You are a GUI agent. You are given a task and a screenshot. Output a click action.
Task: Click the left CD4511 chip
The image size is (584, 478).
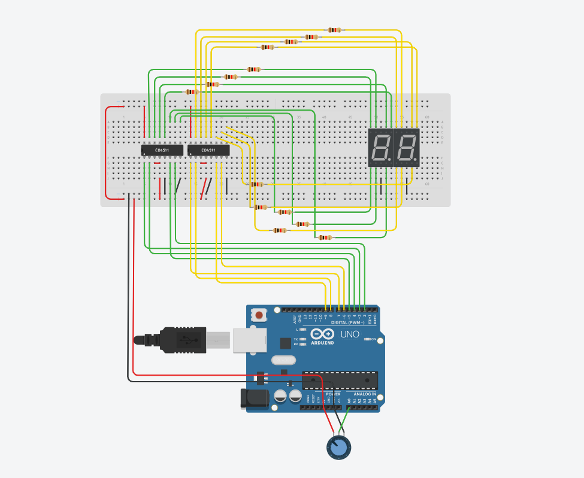coord(162,150)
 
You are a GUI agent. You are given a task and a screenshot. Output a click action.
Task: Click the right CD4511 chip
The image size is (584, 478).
coord(208,150)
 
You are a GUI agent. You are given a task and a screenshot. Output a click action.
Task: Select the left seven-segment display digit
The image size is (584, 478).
coord(380,147)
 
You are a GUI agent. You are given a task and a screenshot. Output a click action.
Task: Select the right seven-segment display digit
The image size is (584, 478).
coord(407,147)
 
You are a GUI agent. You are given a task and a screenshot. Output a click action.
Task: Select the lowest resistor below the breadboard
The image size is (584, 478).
coord(325,238)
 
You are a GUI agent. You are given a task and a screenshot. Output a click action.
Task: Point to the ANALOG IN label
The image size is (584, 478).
coord(365,394)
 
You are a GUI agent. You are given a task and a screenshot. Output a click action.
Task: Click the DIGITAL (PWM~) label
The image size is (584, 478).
coord(347,322)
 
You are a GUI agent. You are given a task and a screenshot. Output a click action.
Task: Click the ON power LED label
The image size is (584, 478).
coord(374,339)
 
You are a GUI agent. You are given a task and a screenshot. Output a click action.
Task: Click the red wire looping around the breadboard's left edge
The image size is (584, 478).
coord(107,153)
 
